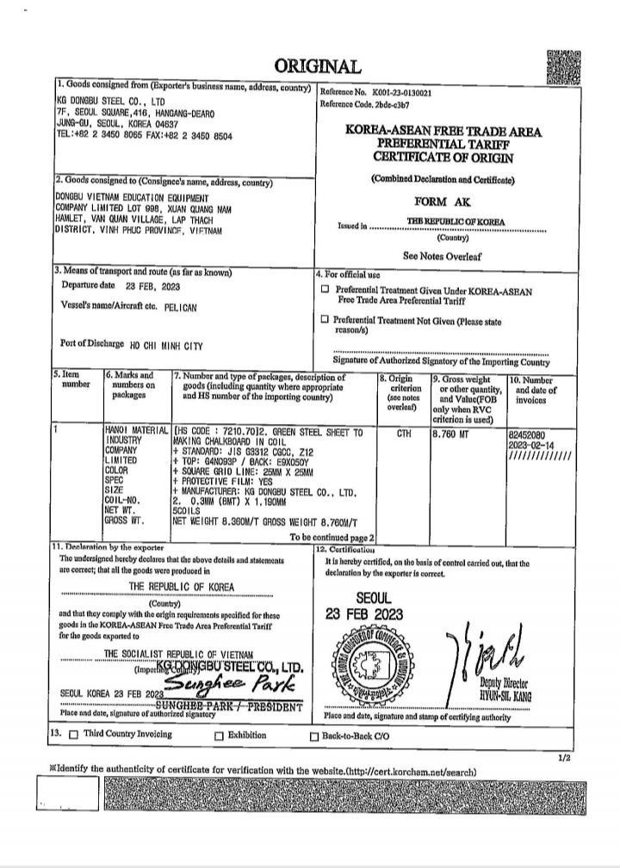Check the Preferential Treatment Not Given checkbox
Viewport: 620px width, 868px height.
point(325,319)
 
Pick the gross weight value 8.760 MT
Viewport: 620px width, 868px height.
point(453,434)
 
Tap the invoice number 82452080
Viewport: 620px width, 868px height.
point(528,436)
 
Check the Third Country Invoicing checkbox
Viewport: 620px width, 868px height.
point(73,735)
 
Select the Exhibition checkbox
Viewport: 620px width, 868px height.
point(219,736)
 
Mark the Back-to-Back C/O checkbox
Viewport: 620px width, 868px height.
point(313,736)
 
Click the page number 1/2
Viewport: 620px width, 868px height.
point(564,757)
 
